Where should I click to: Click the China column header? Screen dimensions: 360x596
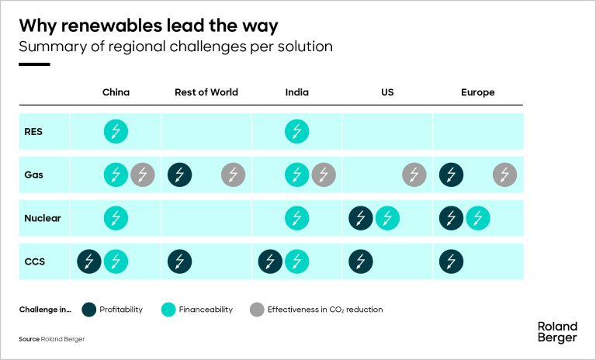116,92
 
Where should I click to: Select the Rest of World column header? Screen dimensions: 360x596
206,92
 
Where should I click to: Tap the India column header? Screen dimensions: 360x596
296,92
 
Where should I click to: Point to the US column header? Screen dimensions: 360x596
387,92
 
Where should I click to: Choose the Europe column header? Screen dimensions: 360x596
477,92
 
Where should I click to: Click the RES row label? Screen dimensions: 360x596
33,131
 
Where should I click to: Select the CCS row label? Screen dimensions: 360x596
35,261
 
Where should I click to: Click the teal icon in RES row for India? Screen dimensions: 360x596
296,131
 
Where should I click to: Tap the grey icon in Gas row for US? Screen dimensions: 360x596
414,175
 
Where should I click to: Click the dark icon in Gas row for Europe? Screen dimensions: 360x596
452,175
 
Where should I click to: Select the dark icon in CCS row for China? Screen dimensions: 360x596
89,261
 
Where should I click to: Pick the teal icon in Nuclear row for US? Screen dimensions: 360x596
387,218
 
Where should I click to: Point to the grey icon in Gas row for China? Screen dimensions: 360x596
142,175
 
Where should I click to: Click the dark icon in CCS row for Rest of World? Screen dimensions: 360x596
180,261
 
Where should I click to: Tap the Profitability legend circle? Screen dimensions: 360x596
89,309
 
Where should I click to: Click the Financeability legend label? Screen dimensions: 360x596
206,310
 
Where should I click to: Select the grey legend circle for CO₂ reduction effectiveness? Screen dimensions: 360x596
257,309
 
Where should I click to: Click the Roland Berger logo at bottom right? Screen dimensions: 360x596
557,332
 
